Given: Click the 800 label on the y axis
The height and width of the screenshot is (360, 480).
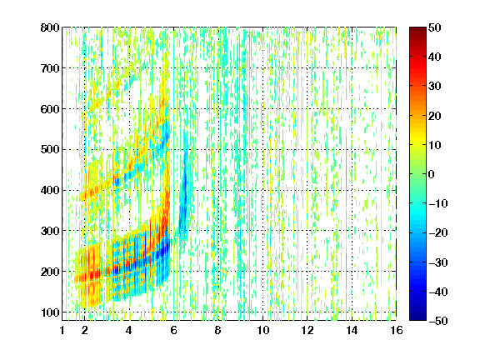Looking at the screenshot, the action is (x=50, y=27).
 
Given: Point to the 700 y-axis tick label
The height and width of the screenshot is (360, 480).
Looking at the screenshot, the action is (x=50, y=68).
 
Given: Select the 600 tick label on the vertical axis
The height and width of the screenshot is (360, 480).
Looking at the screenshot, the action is (x=50, y=109).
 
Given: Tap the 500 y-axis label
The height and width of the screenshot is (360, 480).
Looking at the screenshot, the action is (x=50, y=150).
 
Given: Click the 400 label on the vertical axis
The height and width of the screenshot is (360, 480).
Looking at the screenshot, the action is (x=50, y=190).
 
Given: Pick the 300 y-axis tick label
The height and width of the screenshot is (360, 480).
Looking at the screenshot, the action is (x=50, y=231).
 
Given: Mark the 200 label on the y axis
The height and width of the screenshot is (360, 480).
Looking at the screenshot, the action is (x=50, y=272).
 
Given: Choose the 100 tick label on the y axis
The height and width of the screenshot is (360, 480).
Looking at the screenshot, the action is (x=50, y=312).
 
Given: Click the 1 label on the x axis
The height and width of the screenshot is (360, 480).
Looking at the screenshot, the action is (x=62, y=330).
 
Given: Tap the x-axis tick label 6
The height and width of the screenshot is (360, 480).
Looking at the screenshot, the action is (x=173, y=330).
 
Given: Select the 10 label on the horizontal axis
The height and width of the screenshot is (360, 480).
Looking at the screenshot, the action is (x=262, y=330).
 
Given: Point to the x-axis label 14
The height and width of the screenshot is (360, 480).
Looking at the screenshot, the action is (x=352, y=330).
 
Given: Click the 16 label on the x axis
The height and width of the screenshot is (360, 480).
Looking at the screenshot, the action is (x=397, y=330).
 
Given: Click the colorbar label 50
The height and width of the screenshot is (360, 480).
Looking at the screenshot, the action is (x=434, y=27).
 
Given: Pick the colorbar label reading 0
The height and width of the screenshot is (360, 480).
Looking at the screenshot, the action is (x=432, y=174).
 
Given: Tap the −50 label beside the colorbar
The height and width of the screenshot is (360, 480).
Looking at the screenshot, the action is (x=438, y=321).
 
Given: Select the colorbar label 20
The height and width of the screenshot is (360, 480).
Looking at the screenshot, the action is (x=434, y=116).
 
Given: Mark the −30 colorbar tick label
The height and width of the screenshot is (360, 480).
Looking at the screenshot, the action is (x=438, y=262).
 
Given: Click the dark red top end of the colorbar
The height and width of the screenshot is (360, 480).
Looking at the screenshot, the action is (x=417, y=30).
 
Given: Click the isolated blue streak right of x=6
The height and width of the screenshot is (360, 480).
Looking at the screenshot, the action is (x=184, y=196).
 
